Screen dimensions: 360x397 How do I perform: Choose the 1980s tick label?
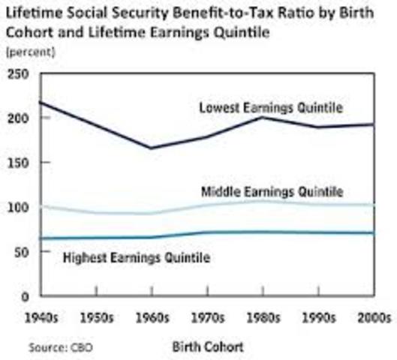[260, 317]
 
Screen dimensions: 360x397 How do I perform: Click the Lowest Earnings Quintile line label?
[271, 108]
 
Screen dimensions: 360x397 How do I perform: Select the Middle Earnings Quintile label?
[272, 191]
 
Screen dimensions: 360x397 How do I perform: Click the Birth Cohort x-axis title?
[208, 346]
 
